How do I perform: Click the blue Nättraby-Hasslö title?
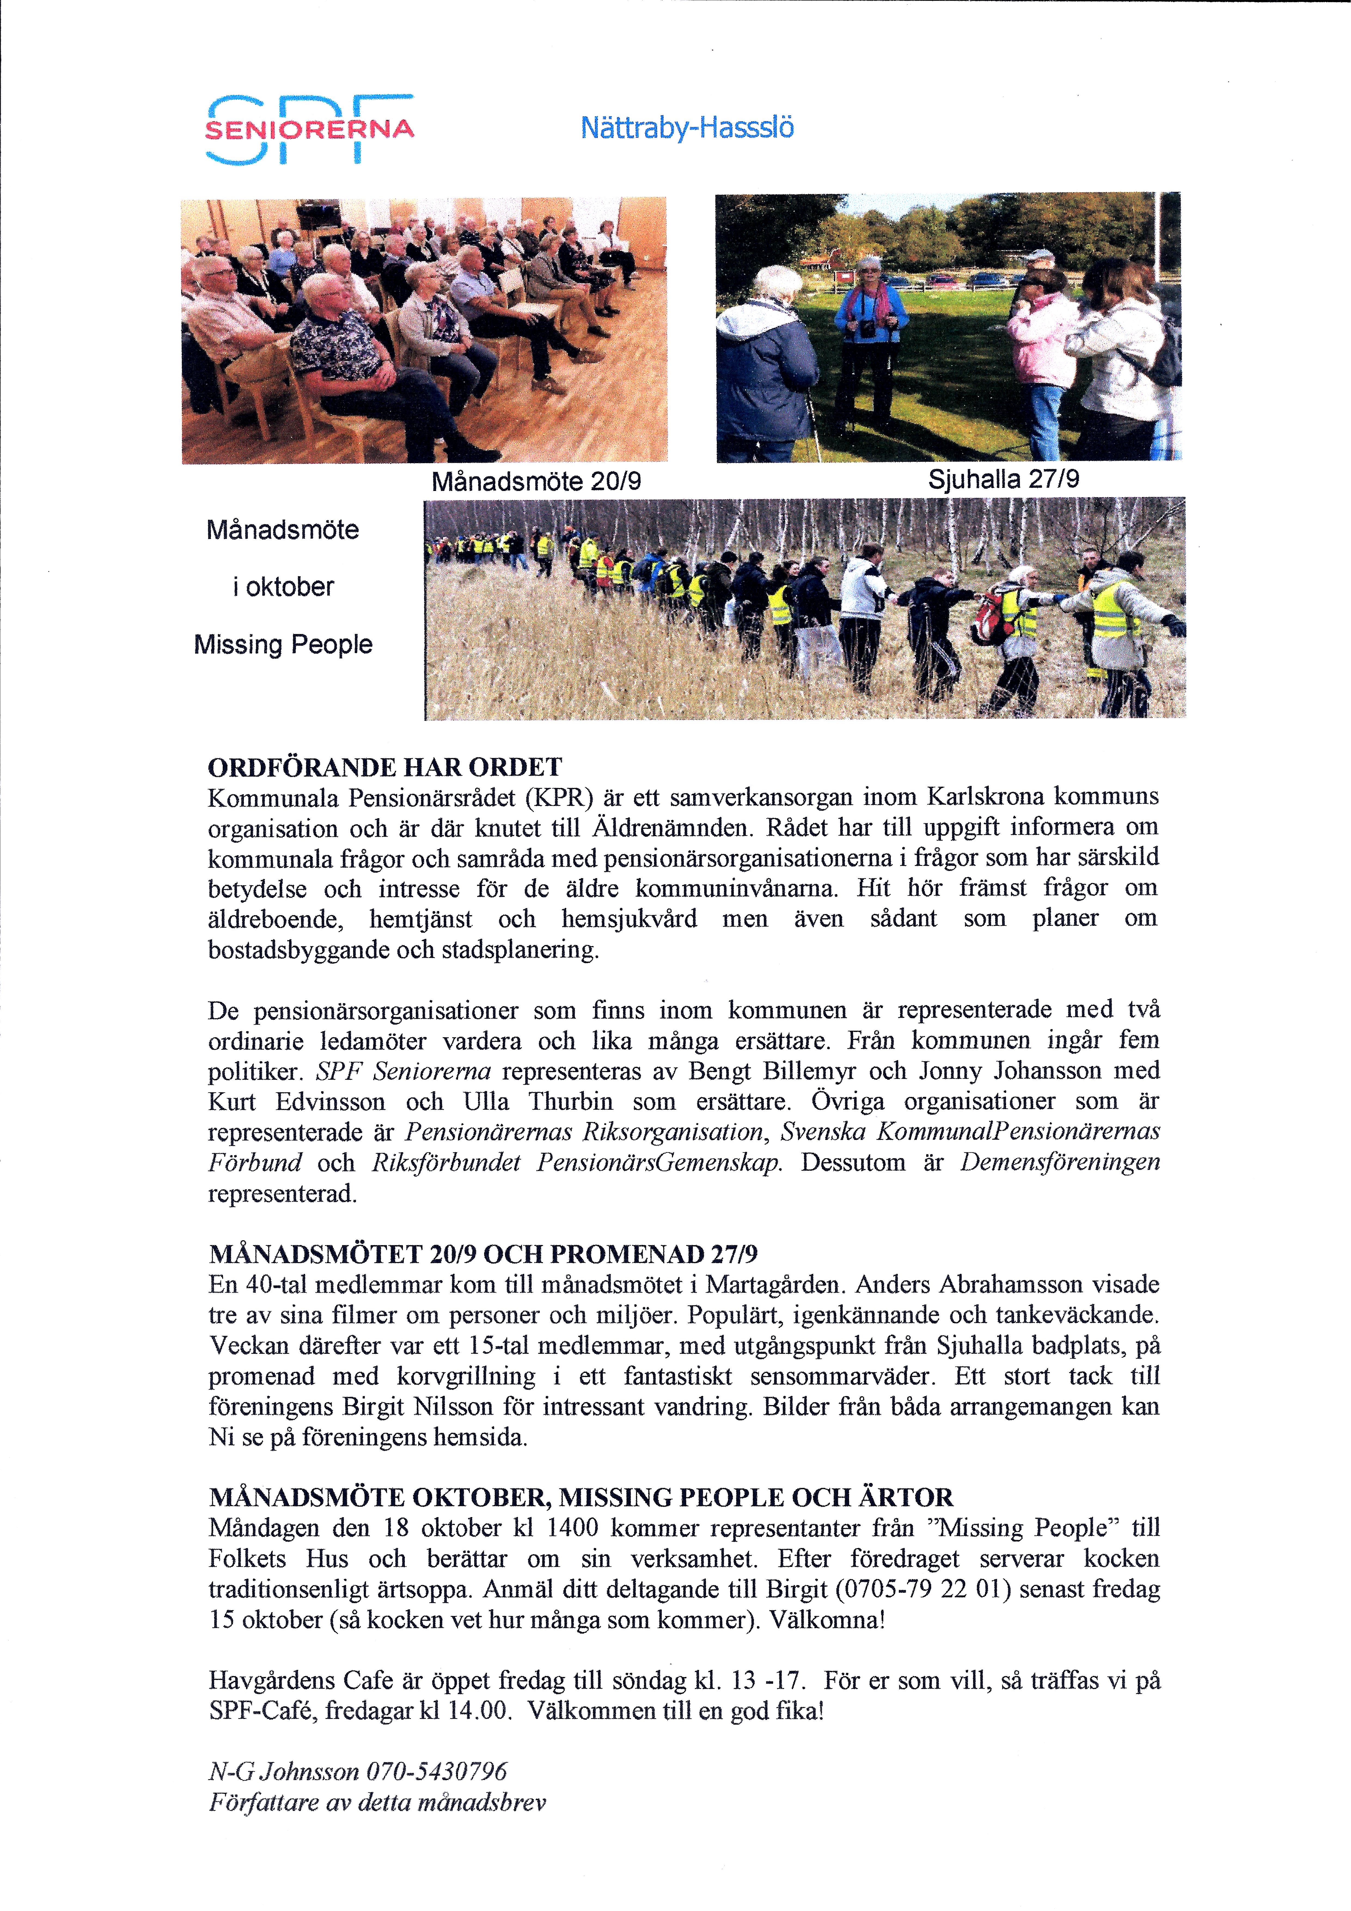coord(687,127)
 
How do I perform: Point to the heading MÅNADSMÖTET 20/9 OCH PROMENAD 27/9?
coord(482,1254)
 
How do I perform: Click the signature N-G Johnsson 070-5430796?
coord(358,1771)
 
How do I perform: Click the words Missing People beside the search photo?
coord(283,644)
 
